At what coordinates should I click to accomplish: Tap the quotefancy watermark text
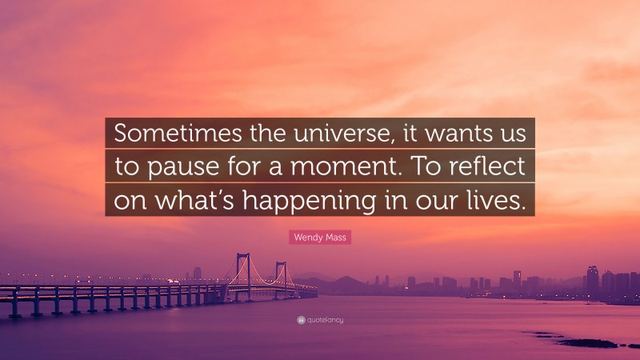[324, 320]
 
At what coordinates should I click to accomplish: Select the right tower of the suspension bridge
[281, 276]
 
